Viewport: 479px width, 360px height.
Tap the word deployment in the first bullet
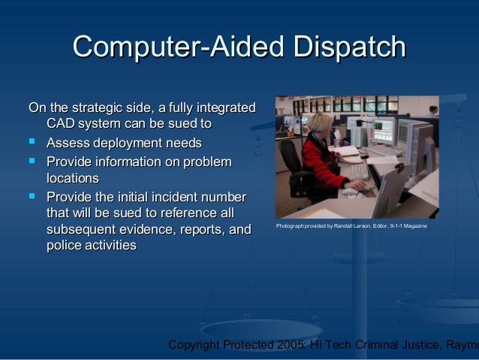pos(128,143)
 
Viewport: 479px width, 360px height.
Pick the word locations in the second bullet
pos(73,179)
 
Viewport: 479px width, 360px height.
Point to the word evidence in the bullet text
pos(146,228)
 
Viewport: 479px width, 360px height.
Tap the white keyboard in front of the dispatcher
pos(357,173)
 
